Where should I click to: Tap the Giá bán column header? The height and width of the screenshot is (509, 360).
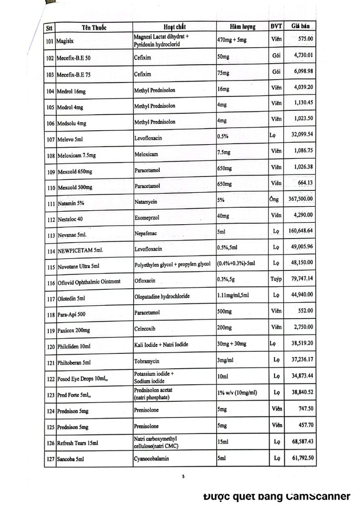pyautogui.click(x=302, y=25)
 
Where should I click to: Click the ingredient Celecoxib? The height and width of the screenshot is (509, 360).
pyautogui.click(x=146, y=329)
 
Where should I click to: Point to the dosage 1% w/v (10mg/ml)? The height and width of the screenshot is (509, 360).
pyautogui.click(x=238, y=393)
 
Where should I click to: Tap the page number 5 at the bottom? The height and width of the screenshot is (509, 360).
pyautogui.click(x=183, y=477)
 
